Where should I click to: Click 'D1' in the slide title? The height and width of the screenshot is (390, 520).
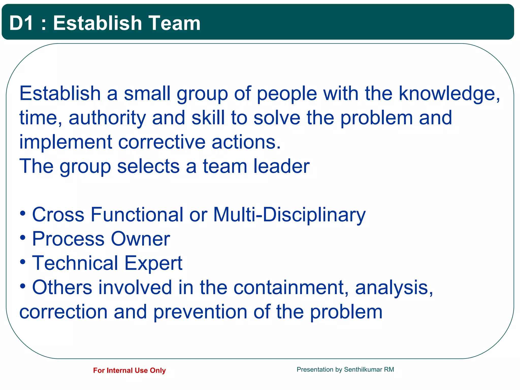coord(21,23)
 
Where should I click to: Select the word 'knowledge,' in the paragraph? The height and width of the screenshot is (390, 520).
coord(449,94)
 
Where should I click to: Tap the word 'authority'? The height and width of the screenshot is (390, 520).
coord(107,118)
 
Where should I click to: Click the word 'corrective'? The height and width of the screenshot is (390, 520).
coord(162,142)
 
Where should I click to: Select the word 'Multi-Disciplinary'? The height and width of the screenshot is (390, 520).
coord(289,215)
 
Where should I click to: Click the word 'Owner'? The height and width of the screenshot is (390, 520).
coord(140,239)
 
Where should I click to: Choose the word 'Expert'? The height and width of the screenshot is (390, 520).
coord(153,263)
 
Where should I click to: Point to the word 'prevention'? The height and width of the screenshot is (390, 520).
coord(200,312)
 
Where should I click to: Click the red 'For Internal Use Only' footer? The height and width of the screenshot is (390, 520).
coord(129,370)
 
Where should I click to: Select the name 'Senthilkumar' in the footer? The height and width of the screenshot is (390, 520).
coord(363,369)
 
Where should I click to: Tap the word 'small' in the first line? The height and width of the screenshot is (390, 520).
coord(147,94)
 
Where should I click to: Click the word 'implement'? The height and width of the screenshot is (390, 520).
coord(66,142)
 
